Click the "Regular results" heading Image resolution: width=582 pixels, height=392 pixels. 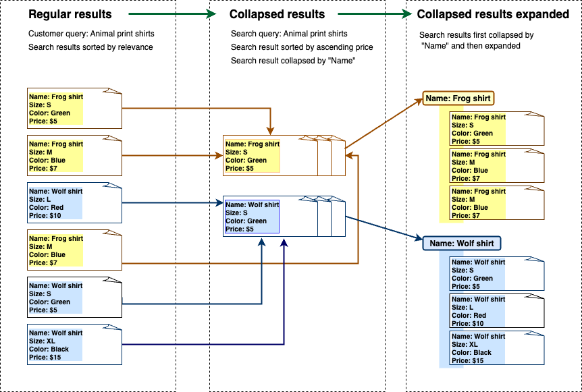pyautogui.click(x=70, y=14)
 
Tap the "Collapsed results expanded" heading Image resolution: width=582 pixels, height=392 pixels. pyautogui.click(x=493, y=14)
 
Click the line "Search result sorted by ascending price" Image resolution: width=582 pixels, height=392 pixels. pyautogui.click(x=302, y=47)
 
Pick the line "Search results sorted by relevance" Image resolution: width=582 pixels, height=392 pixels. pyautogui.click(x=90, y=47)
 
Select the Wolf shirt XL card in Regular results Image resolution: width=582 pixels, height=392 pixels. pyautogui.click(x=74, y=345)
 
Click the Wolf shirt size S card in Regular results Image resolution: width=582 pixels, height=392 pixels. pyautogui.click(x=74, y=298)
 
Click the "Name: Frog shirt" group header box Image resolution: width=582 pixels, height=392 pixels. pyautogui.click(x=458, y=99)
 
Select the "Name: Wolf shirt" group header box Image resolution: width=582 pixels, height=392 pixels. pyautogui.click(x=462, y=243)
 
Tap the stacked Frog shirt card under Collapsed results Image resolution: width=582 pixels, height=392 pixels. pyautogui.click(x=270, y=156)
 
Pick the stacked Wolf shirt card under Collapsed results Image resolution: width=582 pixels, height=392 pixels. pyautogui.click(x=270, y=217)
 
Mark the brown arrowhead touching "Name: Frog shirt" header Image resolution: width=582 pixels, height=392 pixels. pyautogui.click(x=419, y=101)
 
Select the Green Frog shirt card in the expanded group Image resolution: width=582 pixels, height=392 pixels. pyautogui.click(x=496, y=129)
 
